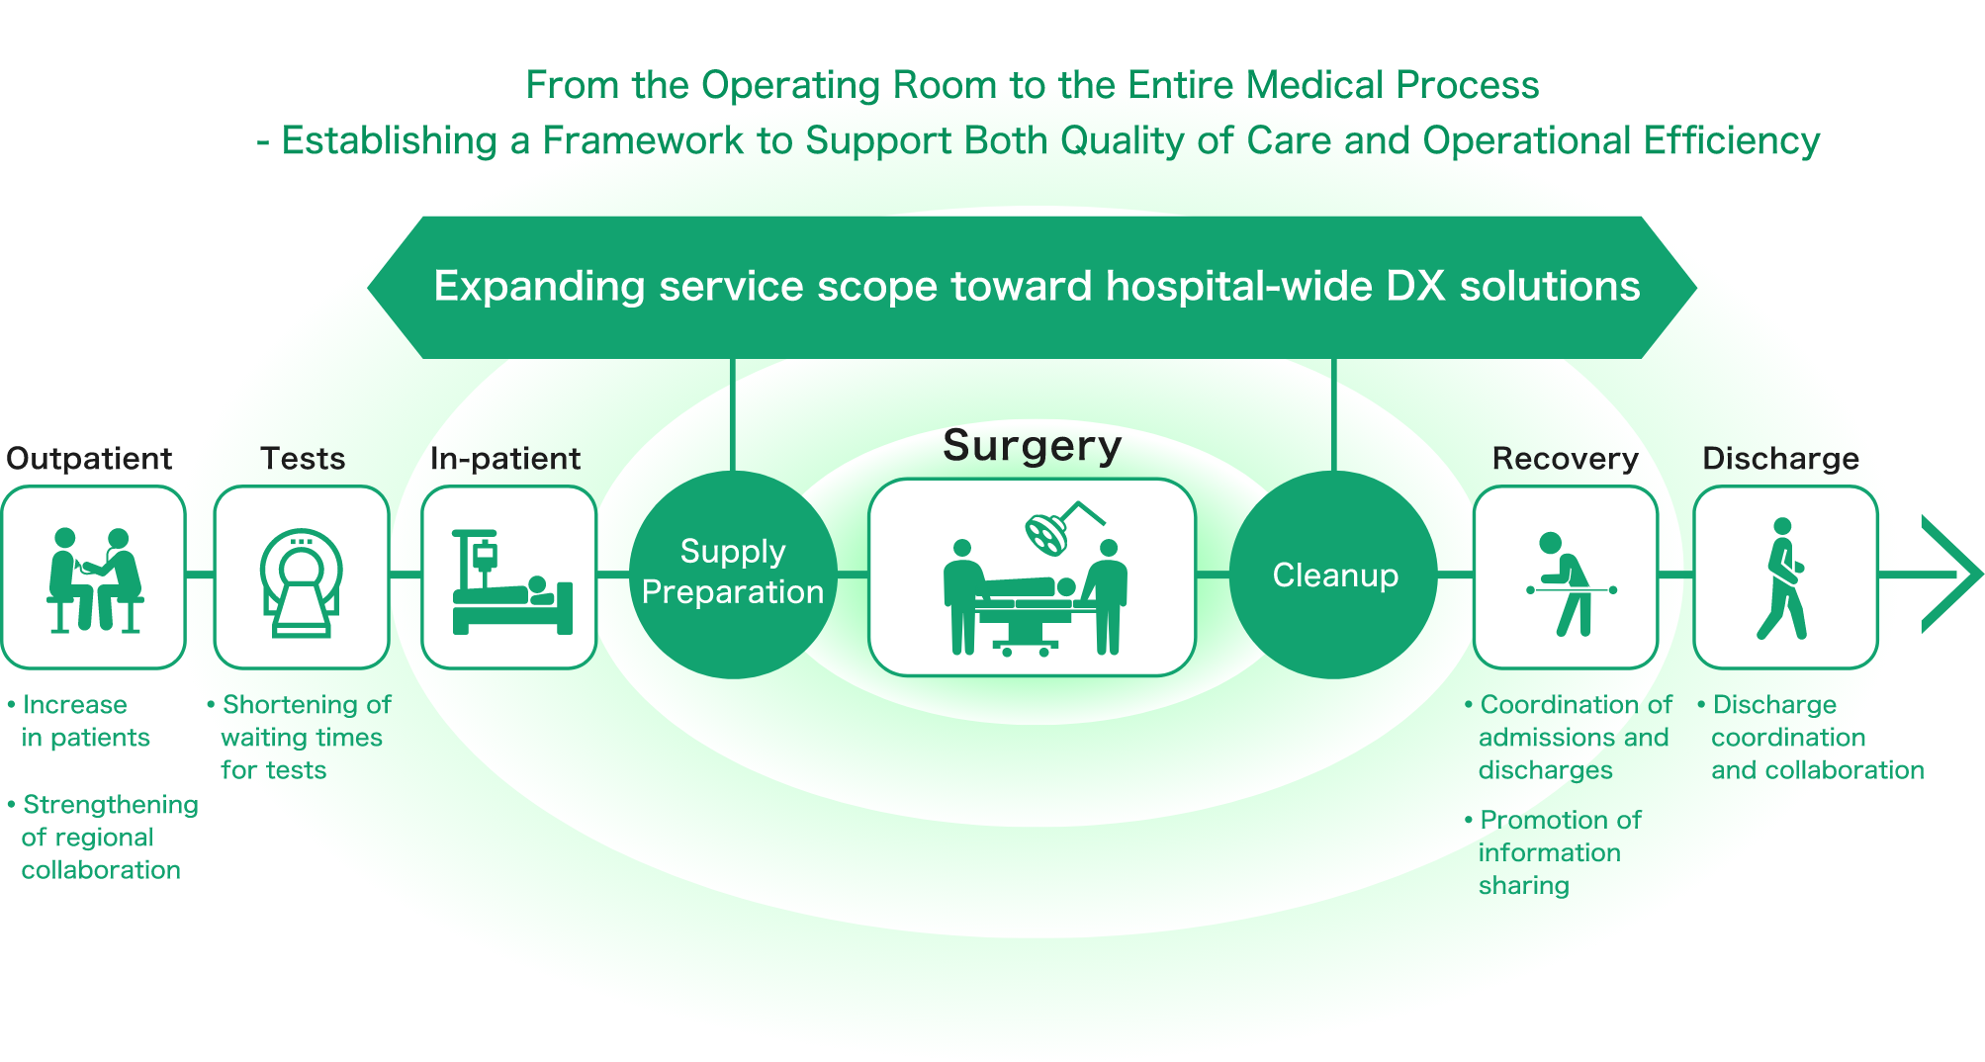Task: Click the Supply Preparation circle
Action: [733, 574]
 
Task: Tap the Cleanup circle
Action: [1334, 575]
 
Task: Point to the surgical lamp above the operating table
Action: [1048, 532]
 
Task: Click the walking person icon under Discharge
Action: [1783, 578]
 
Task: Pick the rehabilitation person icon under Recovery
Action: [1568, 583]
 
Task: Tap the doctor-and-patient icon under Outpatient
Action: [95, 579]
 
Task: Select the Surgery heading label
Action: [1032, 446]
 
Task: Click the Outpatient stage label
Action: [89, 458]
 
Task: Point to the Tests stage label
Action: [303, 458]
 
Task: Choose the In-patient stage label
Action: [504, 458]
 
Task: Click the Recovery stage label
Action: [1565, 458]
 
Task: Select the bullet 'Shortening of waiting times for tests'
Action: [302, 737]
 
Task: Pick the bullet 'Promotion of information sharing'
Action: [1553, 852]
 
